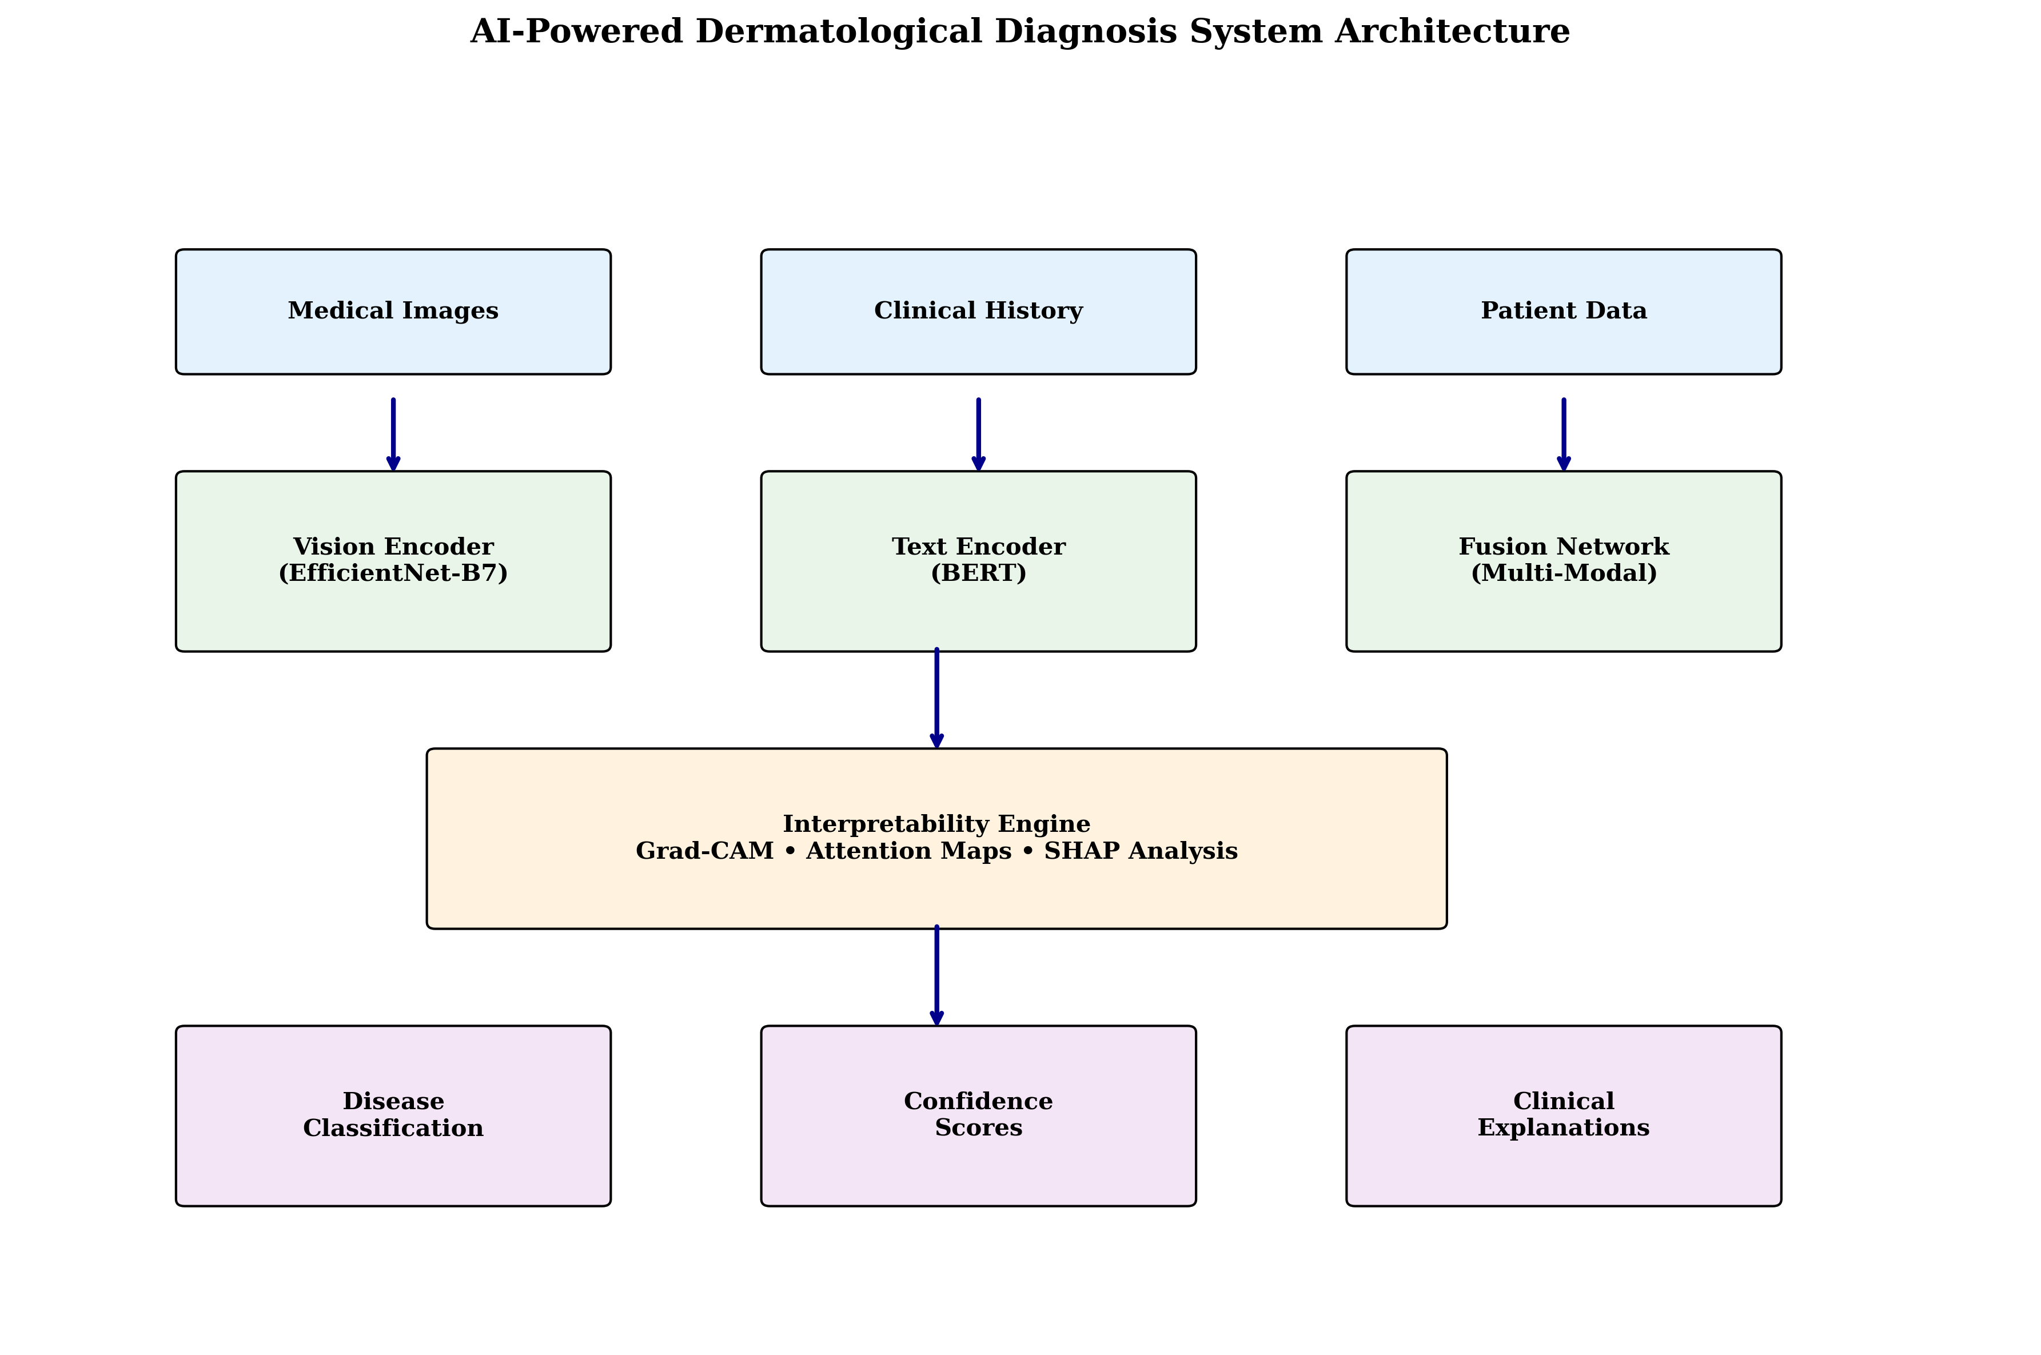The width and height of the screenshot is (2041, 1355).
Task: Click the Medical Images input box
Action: pyautogui.click(x=393, y=312)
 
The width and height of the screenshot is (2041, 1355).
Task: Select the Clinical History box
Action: pyautogui.click(x=978, y=312)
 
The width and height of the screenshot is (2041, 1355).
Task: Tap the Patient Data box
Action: pyautogui.click(x=1563, y=312)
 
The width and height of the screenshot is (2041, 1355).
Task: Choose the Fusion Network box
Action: pyautogui.click(x=1563, y=561)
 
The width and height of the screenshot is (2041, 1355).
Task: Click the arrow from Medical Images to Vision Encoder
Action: pyautogui.click(x=393, y=434)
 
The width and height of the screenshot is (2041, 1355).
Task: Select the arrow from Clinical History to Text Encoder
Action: pyautogui.click(x=978, y=434)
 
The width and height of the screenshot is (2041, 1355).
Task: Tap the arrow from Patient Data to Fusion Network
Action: pyautogui.click(x=1563, y=434)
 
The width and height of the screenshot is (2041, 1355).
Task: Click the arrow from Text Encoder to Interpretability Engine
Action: pyautogui.click(x=936, y=698)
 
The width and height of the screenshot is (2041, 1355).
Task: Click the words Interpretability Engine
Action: pyautogui.click(x=936, y=824)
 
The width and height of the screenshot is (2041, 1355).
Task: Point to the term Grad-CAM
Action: pyautogui.click(x=704, y=852)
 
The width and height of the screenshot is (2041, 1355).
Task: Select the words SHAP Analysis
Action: pyautogui.click(x=1141, y=852)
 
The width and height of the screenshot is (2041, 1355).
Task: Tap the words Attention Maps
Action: pyautogui.click(x=908, y=852)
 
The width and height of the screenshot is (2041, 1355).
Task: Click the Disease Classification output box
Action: pyautogui.click(x=393, y=1115)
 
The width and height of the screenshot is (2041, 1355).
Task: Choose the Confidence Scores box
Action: pyautogui.click(x=978, y=1115)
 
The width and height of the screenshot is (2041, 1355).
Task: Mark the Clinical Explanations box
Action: pyautogui.click(x=1563, y=1115)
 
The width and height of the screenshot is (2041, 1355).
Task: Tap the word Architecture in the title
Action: pyautogui.click(x=1452, y=32)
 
